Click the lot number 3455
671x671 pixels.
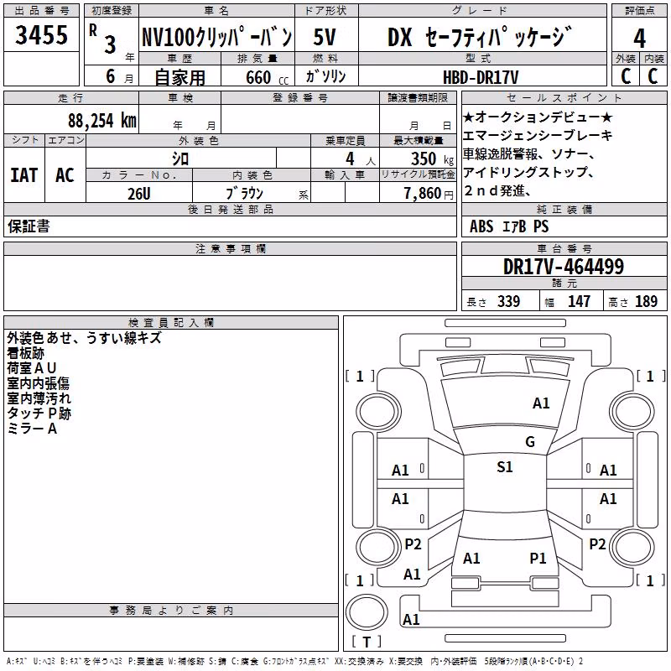click(x=41, y=35)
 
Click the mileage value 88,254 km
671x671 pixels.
click(x=102, y=121)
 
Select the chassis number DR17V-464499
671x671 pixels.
click(x=564, y=267)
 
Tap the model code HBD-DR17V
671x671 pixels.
click(x=481, y=77)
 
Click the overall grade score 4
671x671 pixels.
click(x=639, y=39)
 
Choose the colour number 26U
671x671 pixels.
click(x=139, y=194)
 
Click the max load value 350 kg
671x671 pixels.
click(x=432, y=159)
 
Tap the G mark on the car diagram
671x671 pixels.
click(x=530, y=442)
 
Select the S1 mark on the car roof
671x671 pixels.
click(x=505, y=467)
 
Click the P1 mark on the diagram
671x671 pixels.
click(x=538, y=559)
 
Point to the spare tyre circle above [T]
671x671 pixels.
click(x=367, y=612)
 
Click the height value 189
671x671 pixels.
click(x=646, y=301)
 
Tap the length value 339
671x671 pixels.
click(x=509, y=301)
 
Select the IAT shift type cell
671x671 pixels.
click(x=24, y=175)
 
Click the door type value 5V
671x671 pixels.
click(x=325, y=37)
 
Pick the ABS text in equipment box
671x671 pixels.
click(x=481, y=226)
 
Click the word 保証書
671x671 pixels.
click(x=29, y=226)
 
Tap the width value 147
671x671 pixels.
click(x=579, y=301)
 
